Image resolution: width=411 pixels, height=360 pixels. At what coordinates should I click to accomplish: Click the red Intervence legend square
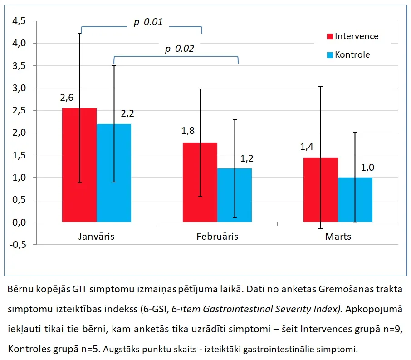pos(330,36)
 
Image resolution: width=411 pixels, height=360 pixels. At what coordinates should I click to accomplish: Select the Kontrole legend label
pos(352,54)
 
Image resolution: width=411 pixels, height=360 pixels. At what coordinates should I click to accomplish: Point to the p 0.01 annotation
pos(148,22)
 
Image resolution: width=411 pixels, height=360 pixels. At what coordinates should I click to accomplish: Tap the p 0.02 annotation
pos(180,49)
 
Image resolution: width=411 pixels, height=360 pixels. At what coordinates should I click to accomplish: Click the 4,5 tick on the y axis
pos(19,21)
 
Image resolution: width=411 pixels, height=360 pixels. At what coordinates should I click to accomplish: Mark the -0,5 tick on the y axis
pos(18,245)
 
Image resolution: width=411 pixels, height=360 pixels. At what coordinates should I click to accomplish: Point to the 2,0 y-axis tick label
pos(19,133)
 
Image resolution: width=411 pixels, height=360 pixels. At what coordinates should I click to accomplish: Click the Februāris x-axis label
pos(217,237)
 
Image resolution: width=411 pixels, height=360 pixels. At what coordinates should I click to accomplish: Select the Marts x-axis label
pos(338,237)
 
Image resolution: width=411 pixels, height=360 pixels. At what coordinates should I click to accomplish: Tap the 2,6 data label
pos(67,98)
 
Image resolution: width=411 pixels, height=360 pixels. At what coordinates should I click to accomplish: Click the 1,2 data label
pos(247,158)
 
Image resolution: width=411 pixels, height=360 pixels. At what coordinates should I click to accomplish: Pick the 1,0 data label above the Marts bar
pos(367,168)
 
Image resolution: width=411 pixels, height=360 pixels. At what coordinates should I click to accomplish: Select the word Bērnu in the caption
pos(21,289)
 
